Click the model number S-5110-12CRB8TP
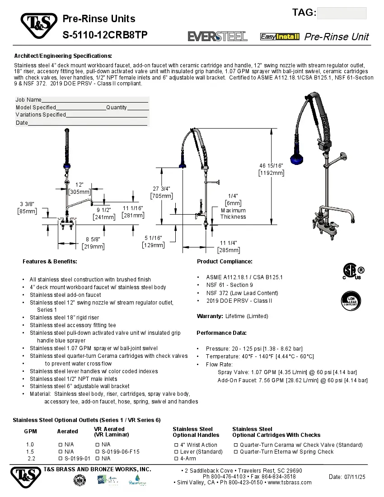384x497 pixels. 105,35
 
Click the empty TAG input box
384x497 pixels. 342,13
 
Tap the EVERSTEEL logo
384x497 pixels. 217,37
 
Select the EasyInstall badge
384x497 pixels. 280,37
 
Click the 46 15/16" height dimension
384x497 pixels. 271,169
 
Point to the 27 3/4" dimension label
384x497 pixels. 161,192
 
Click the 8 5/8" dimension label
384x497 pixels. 93,243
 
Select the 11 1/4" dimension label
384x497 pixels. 228,246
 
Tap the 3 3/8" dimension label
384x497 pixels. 27,207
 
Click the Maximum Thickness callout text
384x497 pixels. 233,213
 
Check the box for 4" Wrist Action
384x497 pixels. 176,445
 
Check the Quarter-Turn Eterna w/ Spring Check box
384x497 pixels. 235,452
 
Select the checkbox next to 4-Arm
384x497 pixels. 176,459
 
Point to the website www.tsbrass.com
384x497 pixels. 290,483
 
